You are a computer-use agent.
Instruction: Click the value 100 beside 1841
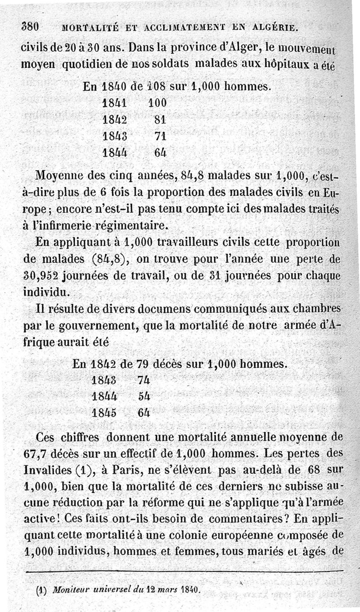pos(157,103)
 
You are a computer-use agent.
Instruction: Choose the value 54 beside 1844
pos(144,396)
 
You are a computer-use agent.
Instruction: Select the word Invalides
pos(48,470)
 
